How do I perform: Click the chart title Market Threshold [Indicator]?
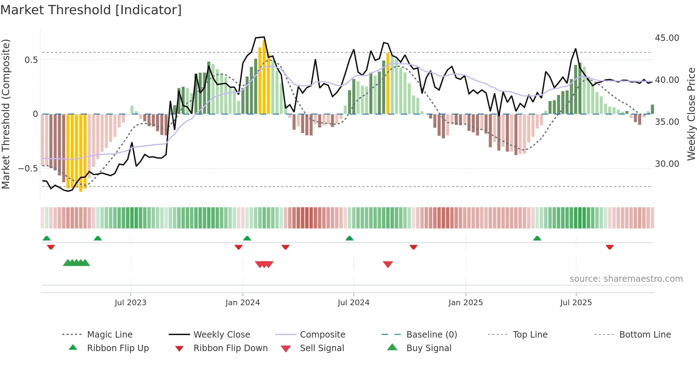click(91, 10)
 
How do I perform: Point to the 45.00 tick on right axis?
click(667, 38)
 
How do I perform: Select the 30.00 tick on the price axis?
click(667, 164)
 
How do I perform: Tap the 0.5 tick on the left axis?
click(31, 60)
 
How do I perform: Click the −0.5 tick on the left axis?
click(28, 169)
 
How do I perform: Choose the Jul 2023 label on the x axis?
click(131, 303)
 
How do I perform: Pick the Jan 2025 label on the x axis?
click(465, 303)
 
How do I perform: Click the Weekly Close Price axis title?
click(691, 114)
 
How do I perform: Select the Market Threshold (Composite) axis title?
click(6, 114)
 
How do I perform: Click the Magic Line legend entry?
click(110, 335)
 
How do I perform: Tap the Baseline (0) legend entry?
click(431, 335)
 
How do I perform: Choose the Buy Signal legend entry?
click(429, 348)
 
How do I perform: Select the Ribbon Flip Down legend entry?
click(230, 348)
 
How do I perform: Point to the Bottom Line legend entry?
click(645, 335)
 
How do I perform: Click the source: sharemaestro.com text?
click(626, 279)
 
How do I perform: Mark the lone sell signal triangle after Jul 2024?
click(388, 264)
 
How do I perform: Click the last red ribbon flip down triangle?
click(610, 247)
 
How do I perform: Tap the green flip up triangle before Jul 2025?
click(537, 238)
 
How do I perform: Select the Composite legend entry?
click(322, 335)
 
